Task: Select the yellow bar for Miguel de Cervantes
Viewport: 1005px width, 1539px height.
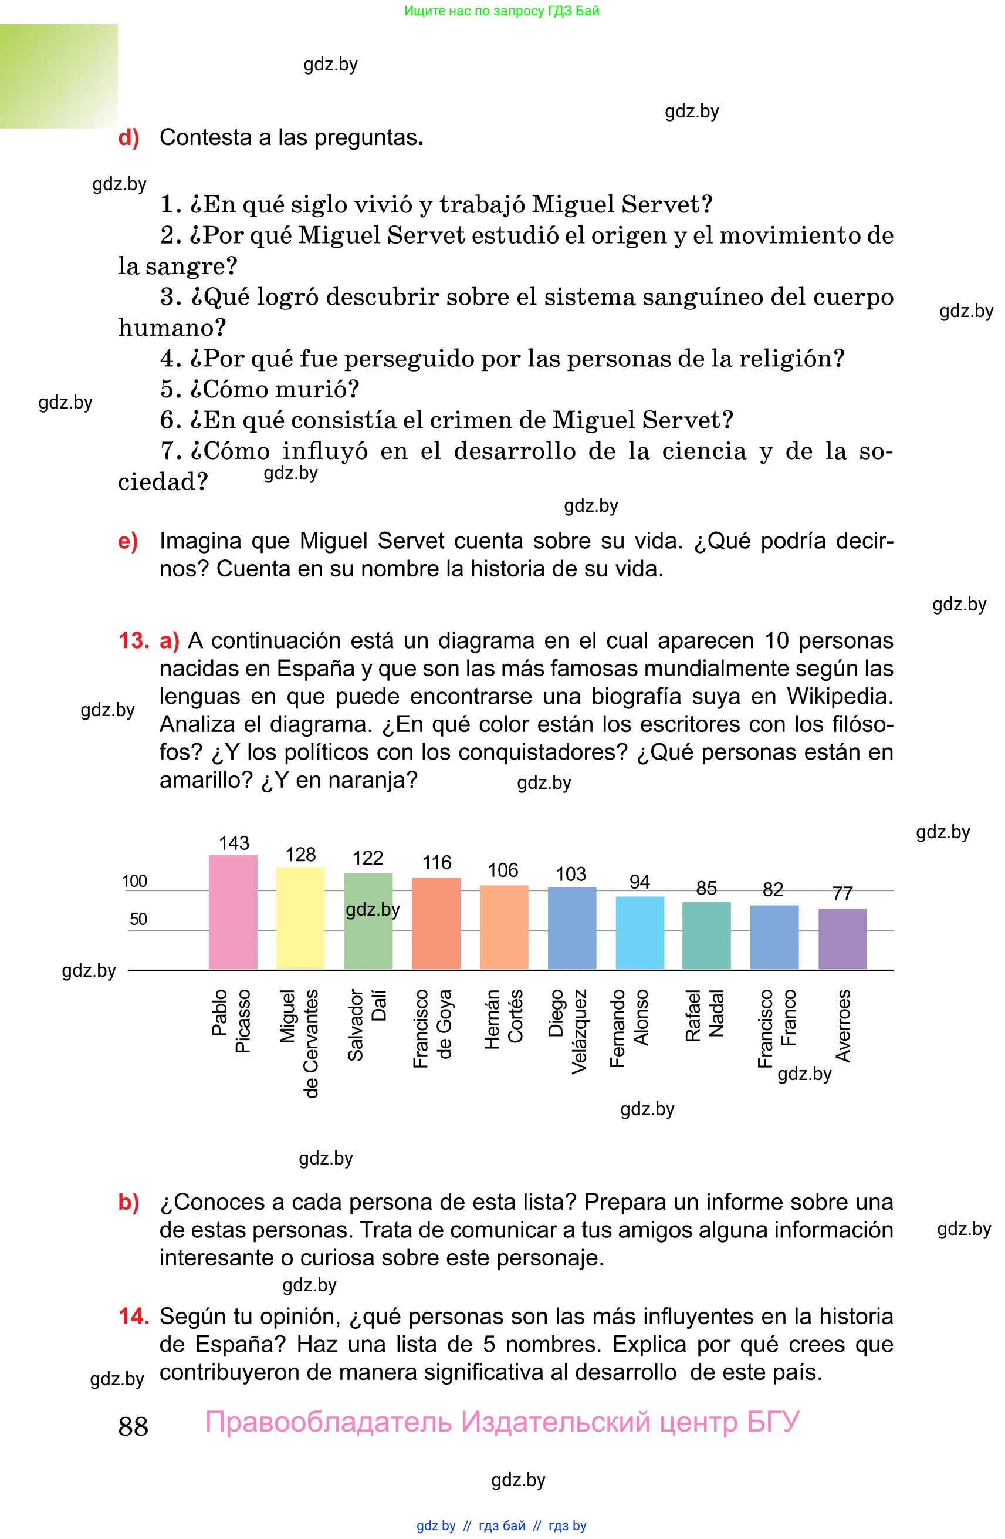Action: click(x=300, y=918)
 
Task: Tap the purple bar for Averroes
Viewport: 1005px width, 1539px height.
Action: click(x=842, y=939)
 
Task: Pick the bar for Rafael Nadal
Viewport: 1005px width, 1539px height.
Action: click(x=706, y=935)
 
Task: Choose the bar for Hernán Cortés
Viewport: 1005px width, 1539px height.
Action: click(x=503, y=927)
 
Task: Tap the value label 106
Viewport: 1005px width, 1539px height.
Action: click(x=503, y=870)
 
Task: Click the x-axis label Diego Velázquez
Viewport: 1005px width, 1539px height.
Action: click(x=568, y=1031)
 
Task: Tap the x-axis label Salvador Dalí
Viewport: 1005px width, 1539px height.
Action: click(x=367, y=1024)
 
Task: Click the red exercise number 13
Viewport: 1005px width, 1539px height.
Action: click(x=134, y=641)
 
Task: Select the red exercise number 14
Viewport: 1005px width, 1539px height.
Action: click(x=134, y=1317)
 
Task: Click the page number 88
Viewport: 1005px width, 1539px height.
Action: click(x=133, y=1426)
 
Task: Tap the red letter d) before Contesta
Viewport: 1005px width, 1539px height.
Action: click(x=128, y=138)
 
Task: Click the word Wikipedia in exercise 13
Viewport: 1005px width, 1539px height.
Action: click(x=840, y=697)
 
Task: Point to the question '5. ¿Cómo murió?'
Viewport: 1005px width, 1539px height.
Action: click(x=260, y=389)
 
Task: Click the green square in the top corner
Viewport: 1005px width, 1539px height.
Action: click(x=59, y=76)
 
